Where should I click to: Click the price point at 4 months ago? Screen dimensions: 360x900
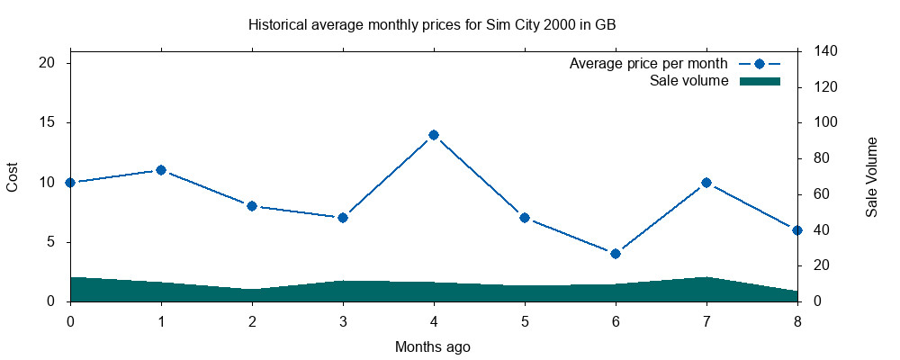tap(434, 135)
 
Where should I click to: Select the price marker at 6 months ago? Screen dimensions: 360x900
tap(616, 254)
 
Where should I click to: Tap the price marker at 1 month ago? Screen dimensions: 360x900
tap(161, 170)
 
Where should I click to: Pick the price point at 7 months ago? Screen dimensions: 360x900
tap(706, 183)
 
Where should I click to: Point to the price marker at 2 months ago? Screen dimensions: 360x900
tap(252, 206)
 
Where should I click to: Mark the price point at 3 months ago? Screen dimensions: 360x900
tap(343, 218)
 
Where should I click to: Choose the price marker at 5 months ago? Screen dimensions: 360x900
tap(525, 218)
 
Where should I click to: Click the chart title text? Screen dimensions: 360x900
tap(432, 24)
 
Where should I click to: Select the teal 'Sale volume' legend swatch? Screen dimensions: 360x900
tap(760, 82)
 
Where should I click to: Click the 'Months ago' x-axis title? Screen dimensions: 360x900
tap(433, 346)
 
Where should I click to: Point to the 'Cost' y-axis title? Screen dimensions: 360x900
tap(13, 176)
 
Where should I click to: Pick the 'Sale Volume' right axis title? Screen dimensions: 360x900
tap(871, 177)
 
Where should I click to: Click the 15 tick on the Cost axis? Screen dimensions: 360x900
tap(48, 122)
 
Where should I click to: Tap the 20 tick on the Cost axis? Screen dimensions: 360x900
tap(48, 63)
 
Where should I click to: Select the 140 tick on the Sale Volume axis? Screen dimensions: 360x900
tap(824, 51)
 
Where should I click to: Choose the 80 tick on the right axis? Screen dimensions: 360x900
tap(821, 158)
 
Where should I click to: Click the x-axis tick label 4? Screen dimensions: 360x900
tap(434, 320)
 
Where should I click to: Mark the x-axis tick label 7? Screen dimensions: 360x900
tap(706, 320)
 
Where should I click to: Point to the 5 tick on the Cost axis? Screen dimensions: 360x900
tap(51, 242)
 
